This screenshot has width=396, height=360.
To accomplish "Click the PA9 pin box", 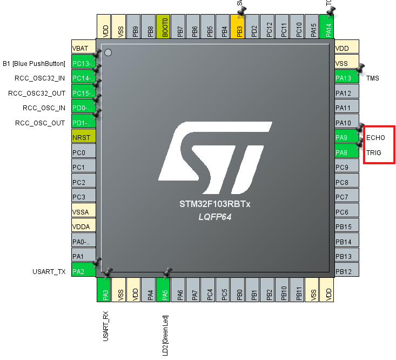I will (346, 137).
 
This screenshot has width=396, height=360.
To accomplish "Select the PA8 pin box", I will (346, 152).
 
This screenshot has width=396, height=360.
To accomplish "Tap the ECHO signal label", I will (375, 137).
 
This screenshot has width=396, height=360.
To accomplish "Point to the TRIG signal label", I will (374, 152).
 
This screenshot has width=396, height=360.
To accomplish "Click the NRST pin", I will (84, 137).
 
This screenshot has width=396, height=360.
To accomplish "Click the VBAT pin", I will (84, 48).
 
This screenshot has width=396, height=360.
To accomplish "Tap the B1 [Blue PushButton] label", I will (34, 63).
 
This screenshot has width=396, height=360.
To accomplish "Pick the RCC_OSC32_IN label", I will (39, 78).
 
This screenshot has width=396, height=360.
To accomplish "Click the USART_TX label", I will (49, 271).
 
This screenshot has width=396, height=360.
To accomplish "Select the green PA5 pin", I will (164, 289).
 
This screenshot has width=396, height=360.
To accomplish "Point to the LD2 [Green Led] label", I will (164, 335).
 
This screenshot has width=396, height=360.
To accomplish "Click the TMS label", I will (373, 78).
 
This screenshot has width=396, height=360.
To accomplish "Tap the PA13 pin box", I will (346, 78).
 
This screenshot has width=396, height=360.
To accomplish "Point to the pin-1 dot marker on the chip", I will (108, 52).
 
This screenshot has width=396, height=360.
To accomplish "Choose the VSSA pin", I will (84, 212).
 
